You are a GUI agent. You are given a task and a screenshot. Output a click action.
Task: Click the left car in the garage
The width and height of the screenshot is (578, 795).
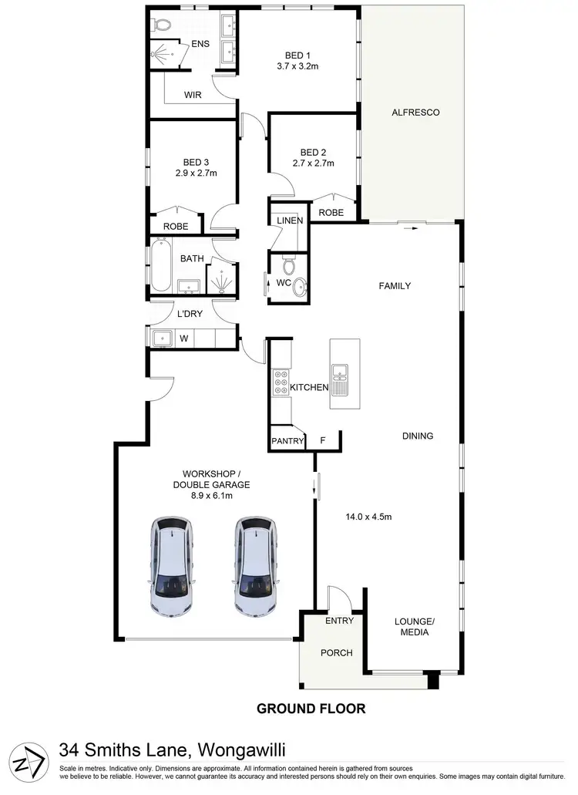click(x=171, y=567)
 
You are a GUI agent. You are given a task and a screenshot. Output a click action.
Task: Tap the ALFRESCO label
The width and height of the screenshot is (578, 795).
click(x=415, y=113)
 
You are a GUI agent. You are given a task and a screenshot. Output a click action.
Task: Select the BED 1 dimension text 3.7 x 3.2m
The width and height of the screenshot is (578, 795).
click(x=297, y=67)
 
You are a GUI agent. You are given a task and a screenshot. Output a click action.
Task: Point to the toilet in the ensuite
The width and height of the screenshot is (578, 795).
click(x=161, y=25)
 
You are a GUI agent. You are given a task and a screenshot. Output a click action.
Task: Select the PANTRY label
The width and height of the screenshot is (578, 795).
click(x=287, y=442)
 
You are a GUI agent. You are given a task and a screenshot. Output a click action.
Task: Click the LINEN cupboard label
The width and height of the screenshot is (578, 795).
click(x=290, y=221)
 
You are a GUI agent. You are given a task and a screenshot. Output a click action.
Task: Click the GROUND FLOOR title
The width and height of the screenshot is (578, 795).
click(x=311, y=708)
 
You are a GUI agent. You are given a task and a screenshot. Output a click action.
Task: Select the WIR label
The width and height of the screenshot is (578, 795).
click(x=192, y=95)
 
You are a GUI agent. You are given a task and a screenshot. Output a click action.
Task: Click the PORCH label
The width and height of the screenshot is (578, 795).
click(x=336, y=653)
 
